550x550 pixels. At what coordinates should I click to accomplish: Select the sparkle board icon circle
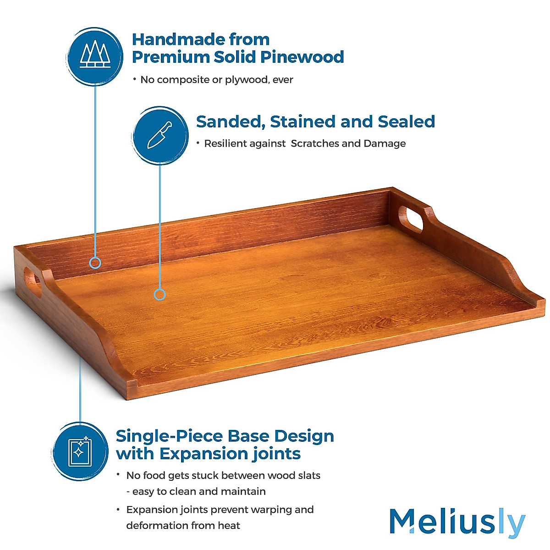click(x=80, y=451)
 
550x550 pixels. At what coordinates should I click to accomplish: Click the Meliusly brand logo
click(x=457, y=522)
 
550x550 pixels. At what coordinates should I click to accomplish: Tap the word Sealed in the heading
click(x=406, y=121)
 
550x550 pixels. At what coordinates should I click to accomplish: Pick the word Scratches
click(x=315, y=143)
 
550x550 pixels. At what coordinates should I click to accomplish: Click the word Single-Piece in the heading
click(x=170, y=436)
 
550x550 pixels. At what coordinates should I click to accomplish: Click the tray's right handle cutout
click(x=410, y=219)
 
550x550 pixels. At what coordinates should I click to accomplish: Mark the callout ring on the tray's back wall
click(x=95, y=263)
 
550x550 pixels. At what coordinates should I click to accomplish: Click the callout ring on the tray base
click(x=159, y=294)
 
